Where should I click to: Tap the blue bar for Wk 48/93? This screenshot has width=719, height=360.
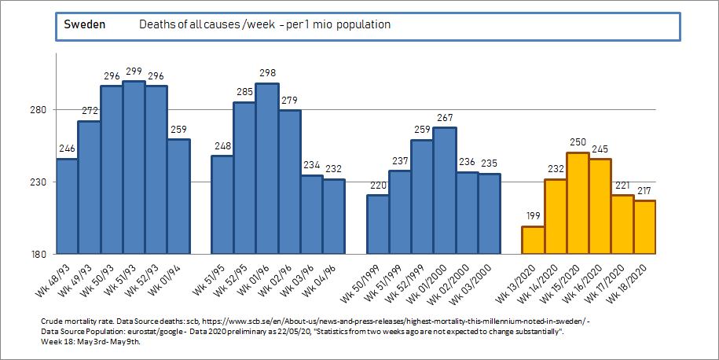[67, 206]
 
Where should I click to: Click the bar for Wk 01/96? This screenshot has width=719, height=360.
[267, 169]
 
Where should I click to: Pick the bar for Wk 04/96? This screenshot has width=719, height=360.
[333, 217]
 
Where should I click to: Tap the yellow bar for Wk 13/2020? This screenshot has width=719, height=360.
[533, 240]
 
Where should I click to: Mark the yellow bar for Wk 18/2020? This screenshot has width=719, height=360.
[644, 227]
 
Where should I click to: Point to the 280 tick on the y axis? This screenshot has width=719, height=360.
[40, 110]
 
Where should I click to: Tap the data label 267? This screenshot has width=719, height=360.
[445, 119]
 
